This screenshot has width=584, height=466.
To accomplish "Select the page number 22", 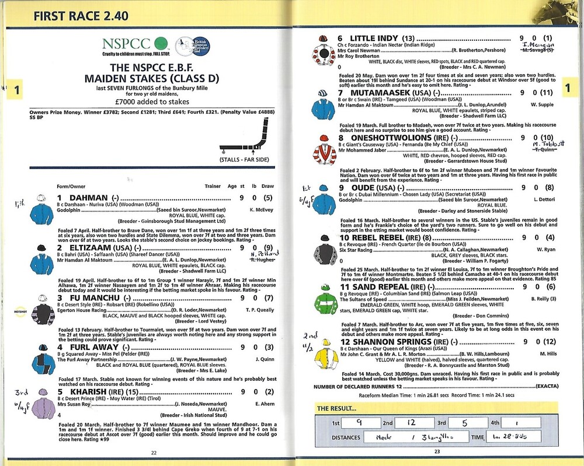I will click(x=154, y=452).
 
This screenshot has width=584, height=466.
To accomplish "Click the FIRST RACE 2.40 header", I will click(x=81, y=16).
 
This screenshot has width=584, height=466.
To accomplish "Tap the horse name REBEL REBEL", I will click(x=374, y=237).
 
